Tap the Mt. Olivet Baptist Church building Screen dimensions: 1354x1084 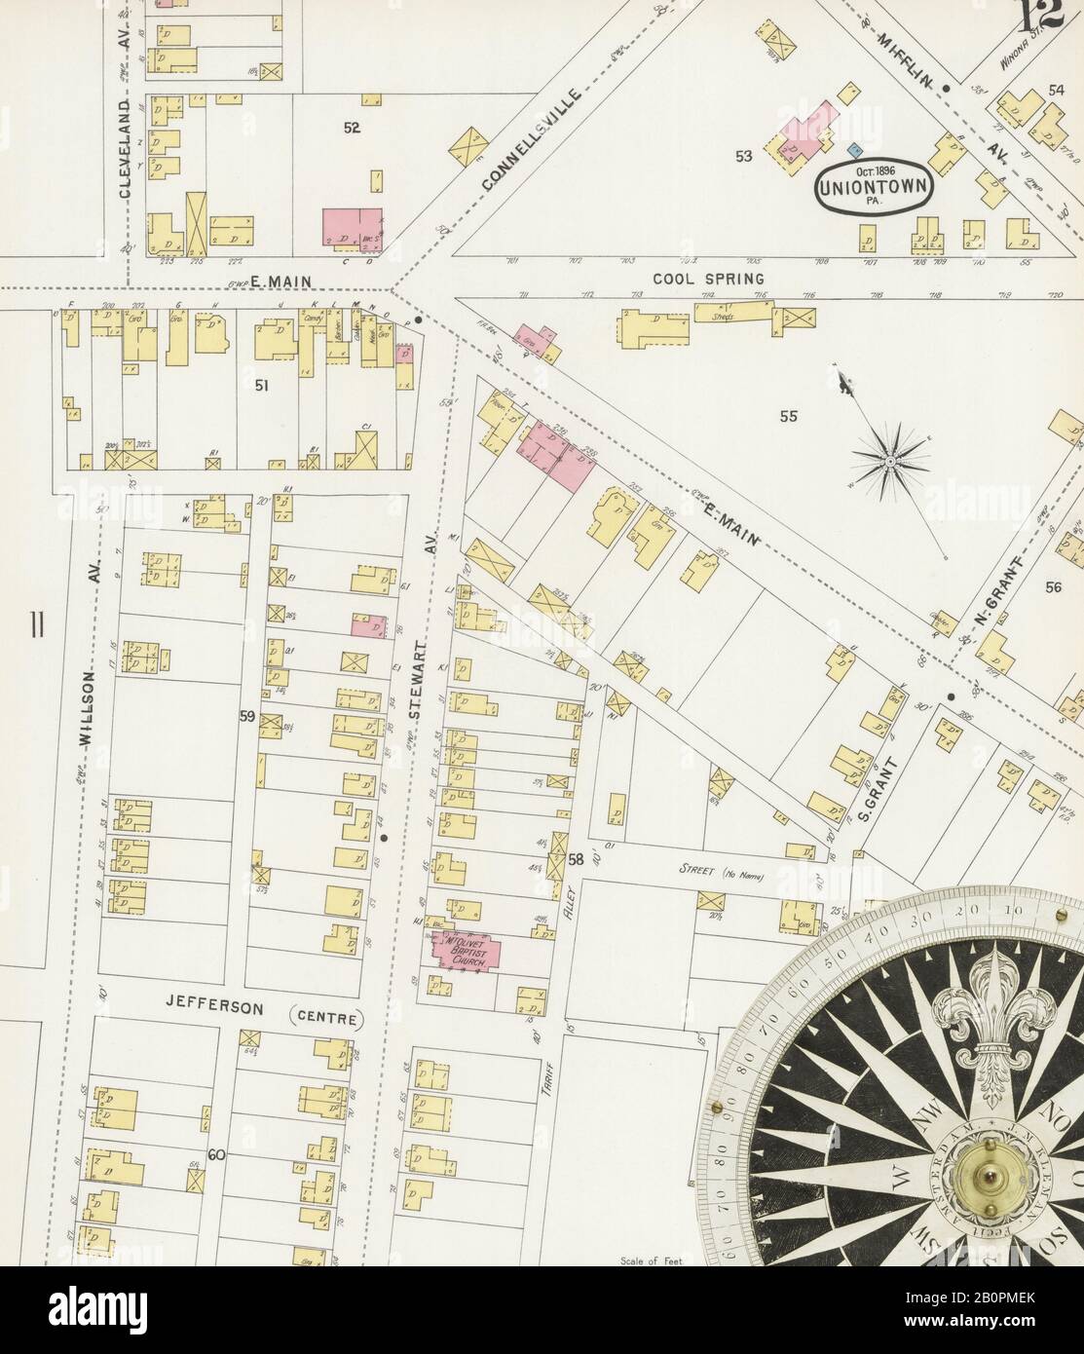coord(469,953)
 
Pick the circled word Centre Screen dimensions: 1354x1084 coord(325,1020)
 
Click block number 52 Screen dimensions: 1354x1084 coord(352,127)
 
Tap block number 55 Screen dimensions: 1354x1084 coord(788,417)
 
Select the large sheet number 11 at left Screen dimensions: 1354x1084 coord(36,623)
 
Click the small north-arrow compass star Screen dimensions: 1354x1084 coord(889,458)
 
